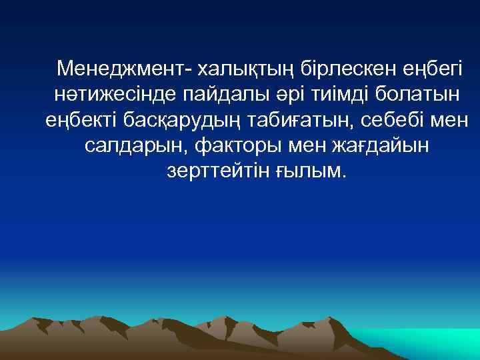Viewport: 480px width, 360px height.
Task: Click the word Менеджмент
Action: click(118, 69)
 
